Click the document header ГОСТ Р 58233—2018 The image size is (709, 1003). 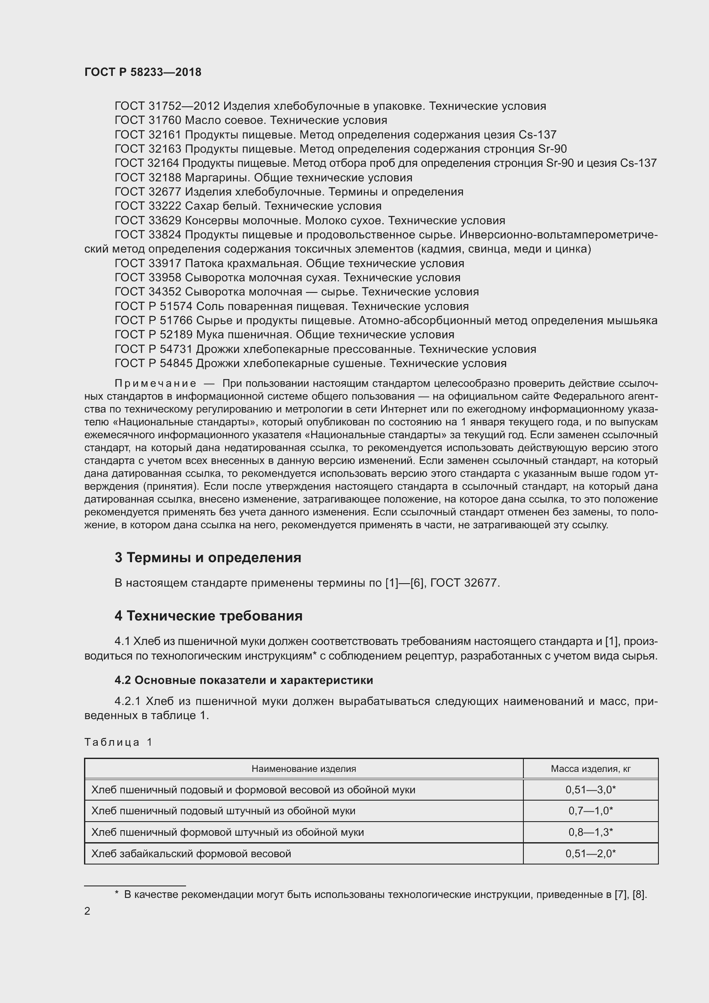tap(143, 72)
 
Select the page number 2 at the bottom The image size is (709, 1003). tap(87, 911)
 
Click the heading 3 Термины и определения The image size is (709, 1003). tap(208, 558)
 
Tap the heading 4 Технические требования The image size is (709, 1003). tap(208, 616)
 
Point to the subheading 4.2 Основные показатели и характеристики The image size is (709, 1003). tap(243, 680)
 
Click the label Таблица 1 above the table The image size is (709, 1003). tap(118, 742)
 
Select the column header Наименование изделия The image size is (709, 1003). tap(303, 768)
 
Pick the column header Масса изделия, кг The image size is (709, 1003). tap(590, 768)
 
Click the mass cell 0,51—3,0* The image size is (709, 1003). tap(590, 790)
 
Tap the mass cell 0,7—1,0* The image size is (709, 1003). tap(590, 811)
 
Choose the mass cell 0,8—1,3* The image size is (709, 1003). tap(590, 832)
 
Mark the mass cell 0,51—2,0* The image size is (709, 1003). tap(590, 854)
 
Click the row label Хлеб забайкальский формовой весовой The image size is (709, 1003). tap(191, 854)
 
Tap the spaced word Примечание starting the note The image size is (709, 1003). tap(155, 383)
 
